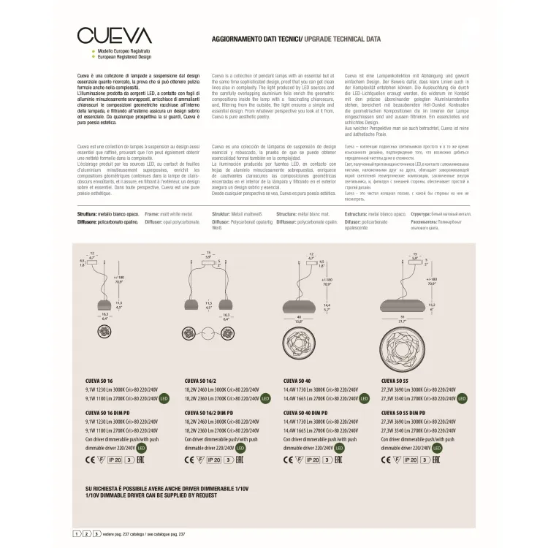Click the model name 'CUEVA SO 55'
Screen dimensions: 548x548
coord(395,381)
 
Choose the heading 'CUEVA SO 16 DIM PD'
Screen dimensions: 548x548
coord(110,413)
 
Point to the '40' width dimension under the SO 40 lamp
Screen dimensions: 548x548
coord(298,315)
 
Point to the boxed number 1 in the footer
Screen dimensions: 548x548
coord(77,535)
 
